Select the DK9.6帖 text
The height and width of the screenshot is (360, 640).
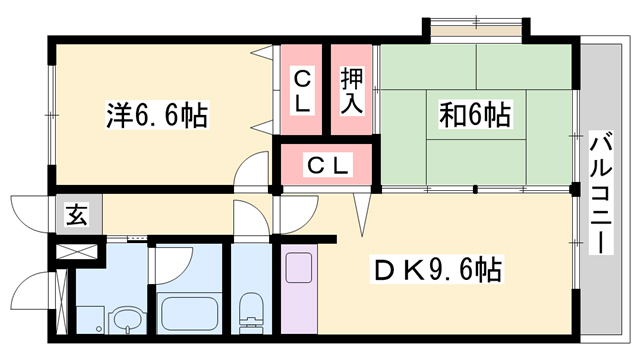438,269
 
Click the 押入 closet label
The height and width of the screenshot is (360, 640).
352,90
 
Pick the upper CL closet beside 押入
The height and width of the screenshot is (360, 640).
302,90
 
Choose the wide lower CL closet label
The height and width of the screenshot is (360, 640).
326,166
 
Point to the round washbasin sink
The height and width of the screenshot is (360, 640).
126,321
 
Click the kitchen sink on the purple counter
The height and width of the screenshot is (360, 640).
299,270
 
